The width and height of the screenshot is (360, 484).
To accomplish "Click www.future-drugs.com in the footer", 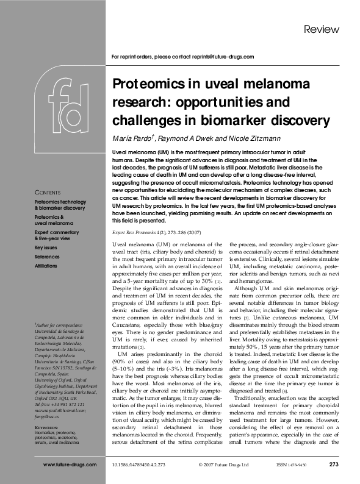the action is tap(70, 464).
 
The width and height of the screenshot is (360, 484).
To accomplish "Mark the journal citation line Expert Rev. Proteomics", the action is tap(150, 232).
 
